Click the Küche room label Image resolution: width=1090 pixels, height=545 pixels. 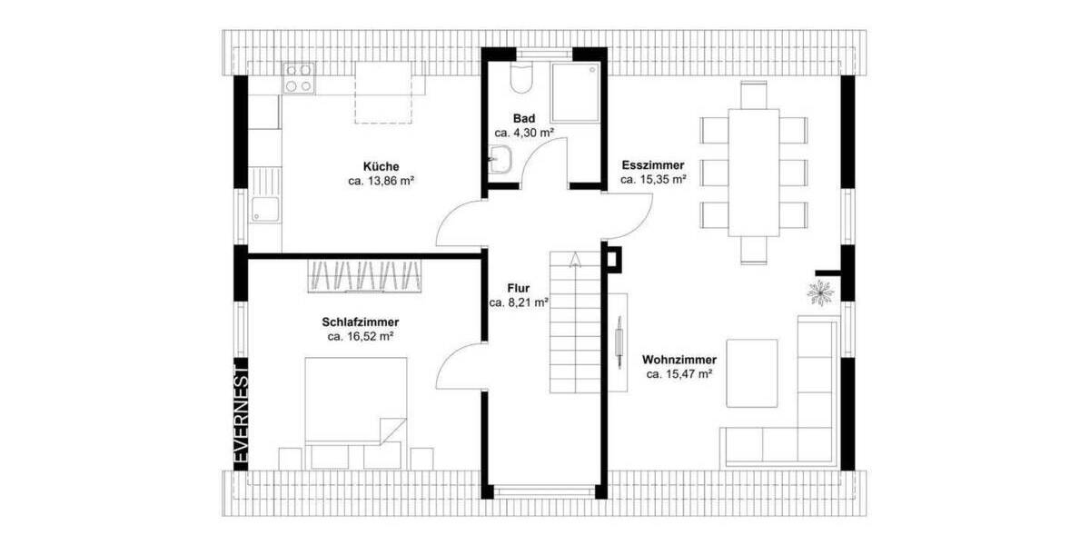381,167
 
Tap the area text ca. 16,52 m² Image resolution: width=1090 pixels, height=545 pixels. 360,336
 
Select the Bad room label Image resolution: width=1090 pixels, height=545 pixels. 524,118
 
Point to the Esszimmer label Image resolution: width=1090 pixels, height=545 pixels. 652,165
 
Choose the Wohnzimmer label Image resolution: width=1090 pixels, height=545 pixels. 679,359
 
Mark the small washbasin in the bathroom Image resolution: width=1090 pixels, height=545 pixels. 500,163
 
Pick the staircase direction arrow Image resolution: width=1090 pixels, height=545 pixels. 575,261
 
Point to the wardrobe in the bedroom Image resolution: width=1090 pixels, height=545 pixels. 366,275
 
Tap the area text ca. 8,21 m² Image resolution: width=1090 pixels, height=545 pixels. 518,303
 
